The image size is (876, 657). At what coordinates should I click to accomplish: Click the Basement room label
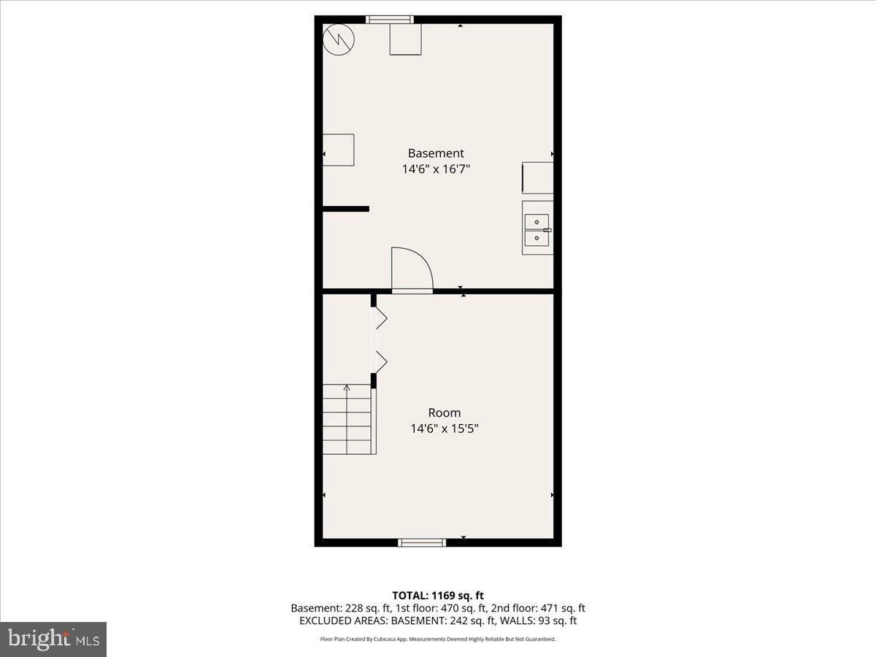(x=436, y=153)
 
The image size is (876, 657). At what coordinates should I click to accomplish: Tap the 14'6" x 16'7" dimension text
(x=436, y=169)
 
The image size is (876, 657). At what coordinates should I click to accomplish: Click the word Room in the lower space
(x=445, y=412)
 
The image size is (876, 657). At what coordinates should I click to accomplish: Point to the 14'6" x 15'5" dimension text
(x=445, y=429)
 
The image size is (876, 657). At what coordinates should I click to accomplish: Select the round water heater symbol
(x=338, y=39)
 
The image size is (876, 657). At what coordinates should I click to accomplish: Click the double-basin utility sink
(x=537, y=228)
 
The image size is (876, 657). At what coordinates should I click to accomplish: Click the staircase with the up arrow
(x=349, y=420)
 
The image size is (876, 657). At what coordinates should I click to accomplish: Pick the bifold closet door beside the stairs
(x=378, y=339)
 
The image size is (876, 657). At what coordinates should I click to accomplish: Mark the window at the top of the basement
(x=390, y=20)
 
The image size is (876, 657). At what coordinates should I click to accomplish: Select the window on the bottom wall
(x=421, y=542)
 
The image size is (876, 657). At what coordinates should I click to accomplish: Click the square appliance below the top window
(x=405, y=39)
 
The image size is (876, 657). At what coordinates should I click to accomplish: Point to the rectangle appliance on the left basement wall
(x=339, y=150)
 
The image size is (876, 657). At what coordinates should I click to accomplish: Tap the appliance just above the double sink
(x=537, y=178)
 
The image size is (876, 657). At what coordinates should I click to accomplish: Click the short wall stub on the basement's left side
(x=346, y=209)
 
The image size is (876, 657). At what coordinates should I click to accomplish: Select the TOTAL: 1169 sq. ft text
(x=438, y=596)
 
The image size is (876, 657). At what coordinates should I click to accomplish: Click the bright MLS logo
(x=53, y=639)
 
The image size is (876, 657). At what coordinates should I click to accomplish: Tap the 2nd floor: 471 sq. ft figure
(x=541, y=608)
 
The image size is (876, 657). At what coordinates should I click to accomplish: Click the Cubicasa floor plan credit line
(x=438, y=639)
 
